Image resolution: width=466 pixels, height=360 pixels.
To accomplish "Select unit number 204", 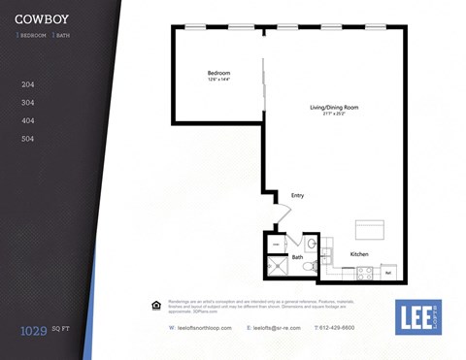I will pyautogui.click(x=27, y=84).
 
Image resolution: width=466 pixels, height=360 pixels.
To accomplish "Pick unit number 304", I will pyautogui.click(x=27, y=103).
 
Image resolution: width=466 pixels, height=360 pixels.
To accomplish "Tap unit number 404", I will pyautogui.click(x=27, y=120).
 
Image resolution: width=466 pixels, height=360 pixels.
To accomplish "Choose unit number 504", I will pyautogui.click(x=27, y=139).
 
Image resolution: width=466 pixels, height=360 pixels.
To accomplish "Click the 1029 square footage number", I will pyautogui.click(x=34, y=331).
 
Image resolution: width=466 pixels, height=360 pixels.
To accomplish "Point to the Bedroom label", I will pyautogui.click(x=218, y=74).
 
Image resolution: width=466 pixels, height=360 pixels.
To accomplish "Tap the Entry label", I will pyautogui.click(x=297, y=195).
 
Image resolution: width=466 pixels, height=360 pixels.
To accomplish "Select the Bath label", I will pyautogui.click(x=297, y=257).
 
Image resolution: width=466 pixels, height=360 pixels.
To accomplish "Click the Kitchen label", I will pyautogui.click(x=359, y=254).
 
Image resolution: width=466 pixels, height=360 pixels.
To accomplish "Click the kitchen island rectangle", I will pyautogui.click(x=371, y=229).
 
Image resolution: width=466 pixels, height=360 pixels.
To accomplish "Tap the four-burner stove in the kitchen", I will pyautogui.click(x=364, y=273).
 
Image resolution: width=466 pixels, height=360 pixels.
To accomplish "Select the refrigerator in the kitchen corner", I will pyautogui.click(x=387, y=272).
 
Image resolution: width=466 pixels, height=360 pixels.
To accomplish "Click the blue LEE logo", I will pyautogui.click(x=417, y=316).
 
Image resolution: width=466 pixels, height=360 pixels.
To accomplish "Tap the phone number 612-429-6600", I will pyautogui.click(x=337, y=328).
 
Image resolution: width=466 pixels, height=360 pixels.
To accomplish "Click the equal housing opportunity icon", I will pyautogui.click(x=155, y=306).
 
